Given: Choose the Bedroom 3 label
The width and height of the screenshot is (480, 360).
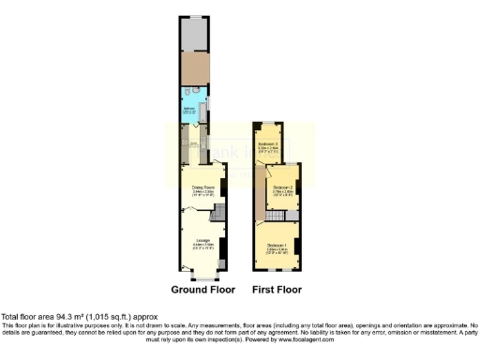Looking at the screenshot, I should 270,144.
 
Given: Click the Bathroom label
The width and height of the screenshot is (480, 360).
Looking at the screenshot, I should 188,110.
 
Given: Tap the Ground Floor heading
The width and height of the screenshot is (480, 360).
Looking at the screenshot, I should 202,290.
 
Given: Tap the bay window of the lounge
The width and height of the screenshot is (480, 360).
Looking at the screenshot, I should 202,277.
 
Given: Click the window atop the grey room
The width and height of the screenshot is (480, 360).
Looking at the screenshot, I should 196,17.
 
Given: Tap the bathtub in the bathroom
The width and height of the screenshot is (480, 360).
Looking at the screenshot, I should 203,97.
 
